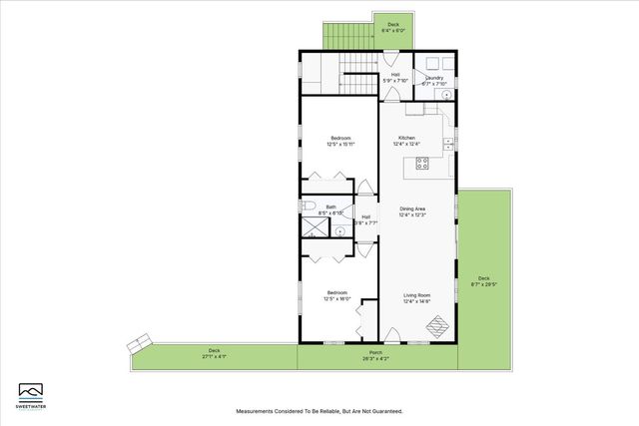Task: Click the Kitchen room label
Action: click(406, 138)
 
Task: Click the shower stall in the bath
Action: click(316, 227)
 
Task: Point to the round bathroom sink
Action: click(339, 230)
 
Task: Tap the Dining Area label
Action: click(412, 209)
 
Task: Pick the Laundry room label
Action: click(434, 77)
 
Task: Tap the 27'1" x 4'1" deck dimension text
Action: click(214, 356)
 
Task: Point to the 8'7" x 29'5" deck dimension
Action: click(483, 284)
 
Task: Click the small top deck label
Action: click(394, 24)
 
